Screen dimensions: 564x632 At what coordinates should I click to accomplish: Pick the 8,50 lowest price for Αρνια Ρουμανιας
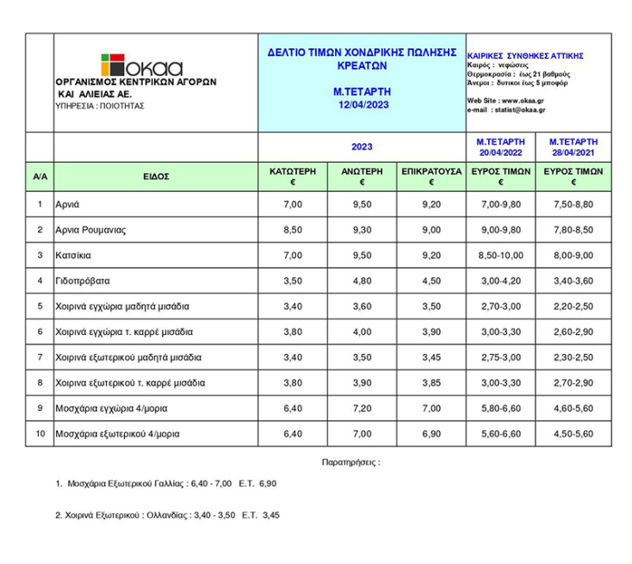(294, 230)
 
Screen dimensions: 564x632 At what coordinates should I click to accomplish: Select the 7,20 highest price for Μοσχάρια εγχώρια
(362, 408)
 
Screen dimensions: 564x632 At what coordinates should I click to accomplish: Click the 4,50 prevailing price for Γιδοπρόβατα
(431, 281)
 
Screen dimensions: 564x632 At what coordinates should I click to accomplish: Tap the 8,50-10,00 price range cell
(500, 255)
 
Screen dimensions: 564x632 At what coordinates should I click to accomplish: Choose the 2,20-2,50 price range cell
(569, 306)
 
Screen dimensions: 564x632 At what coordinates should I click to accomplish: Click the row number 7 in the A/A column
(40, 357)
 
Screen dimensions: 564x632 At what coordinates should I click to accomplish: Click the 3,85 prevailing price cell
(431, 382)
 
